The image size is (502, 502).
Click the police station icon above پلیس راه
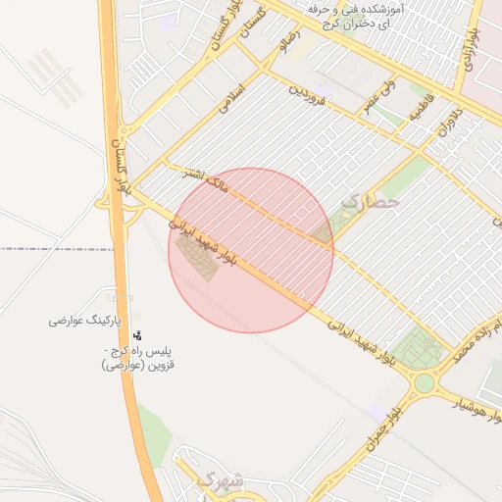click(x=136, y=336)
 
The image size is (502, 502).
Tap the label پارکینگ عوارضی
click(x=85, y=321)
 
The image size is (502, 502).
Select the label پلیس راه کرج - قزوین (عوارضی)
click(x=137, y=358)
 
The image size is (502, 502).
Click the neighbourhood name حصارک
click(x=372, y=202)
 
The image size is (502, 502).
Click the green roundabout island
click(x=425, y=383)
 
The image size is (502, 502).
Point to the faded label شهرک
click(x=218, y=480)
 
